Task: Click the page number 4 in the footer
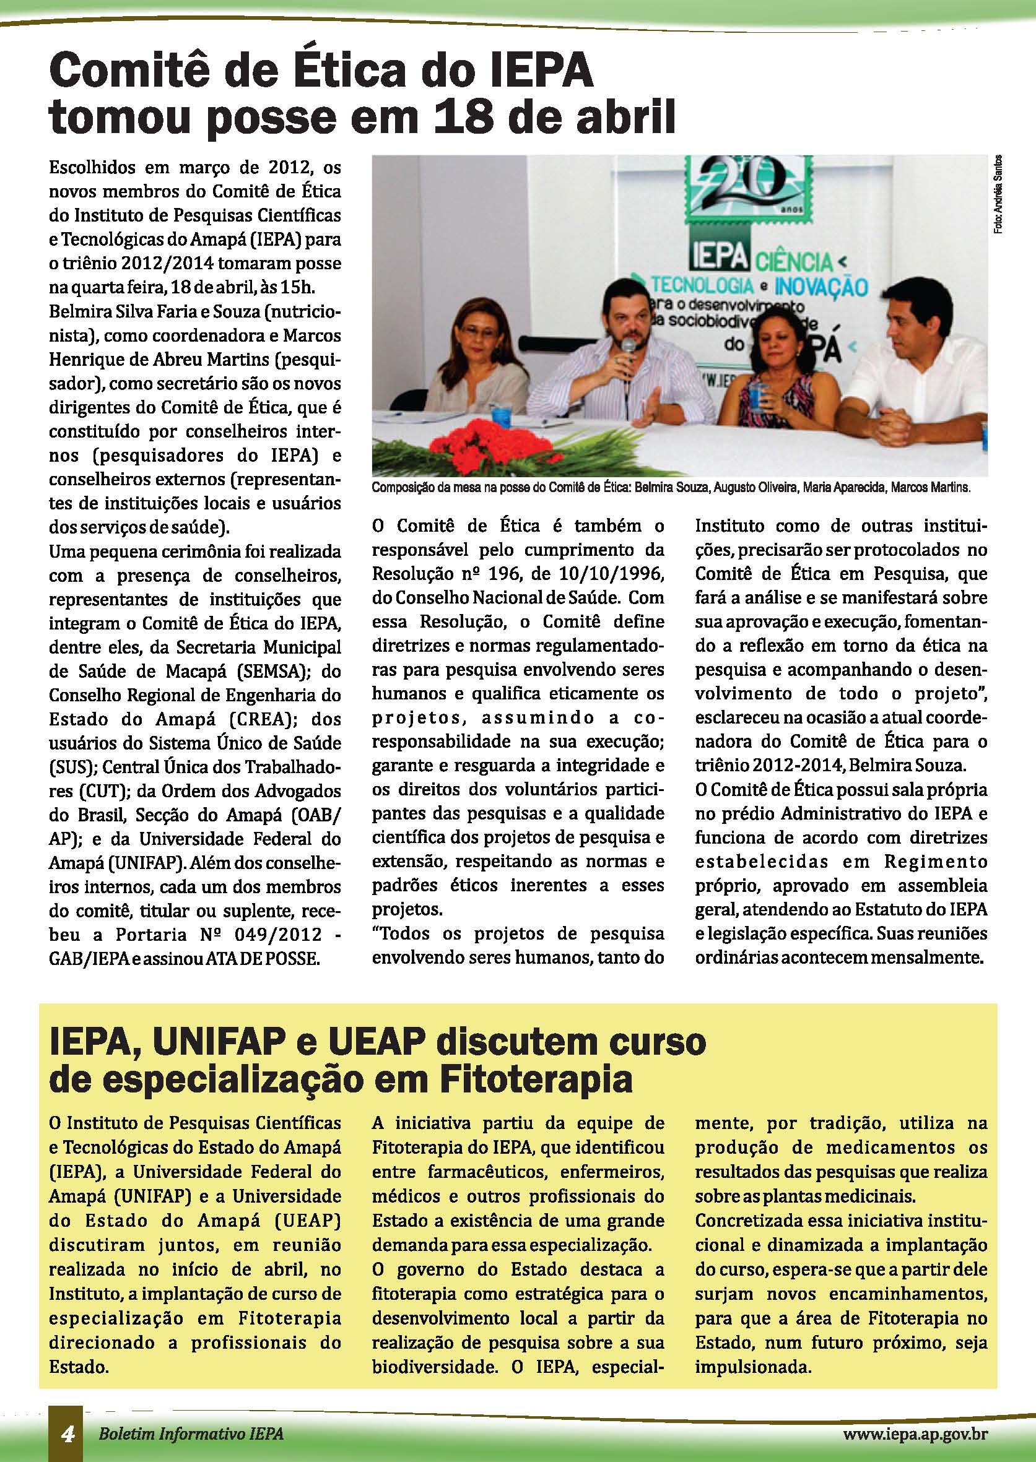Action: [x=66, y=1435]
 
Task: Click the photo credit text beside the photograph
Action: [x=997, y=197]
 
